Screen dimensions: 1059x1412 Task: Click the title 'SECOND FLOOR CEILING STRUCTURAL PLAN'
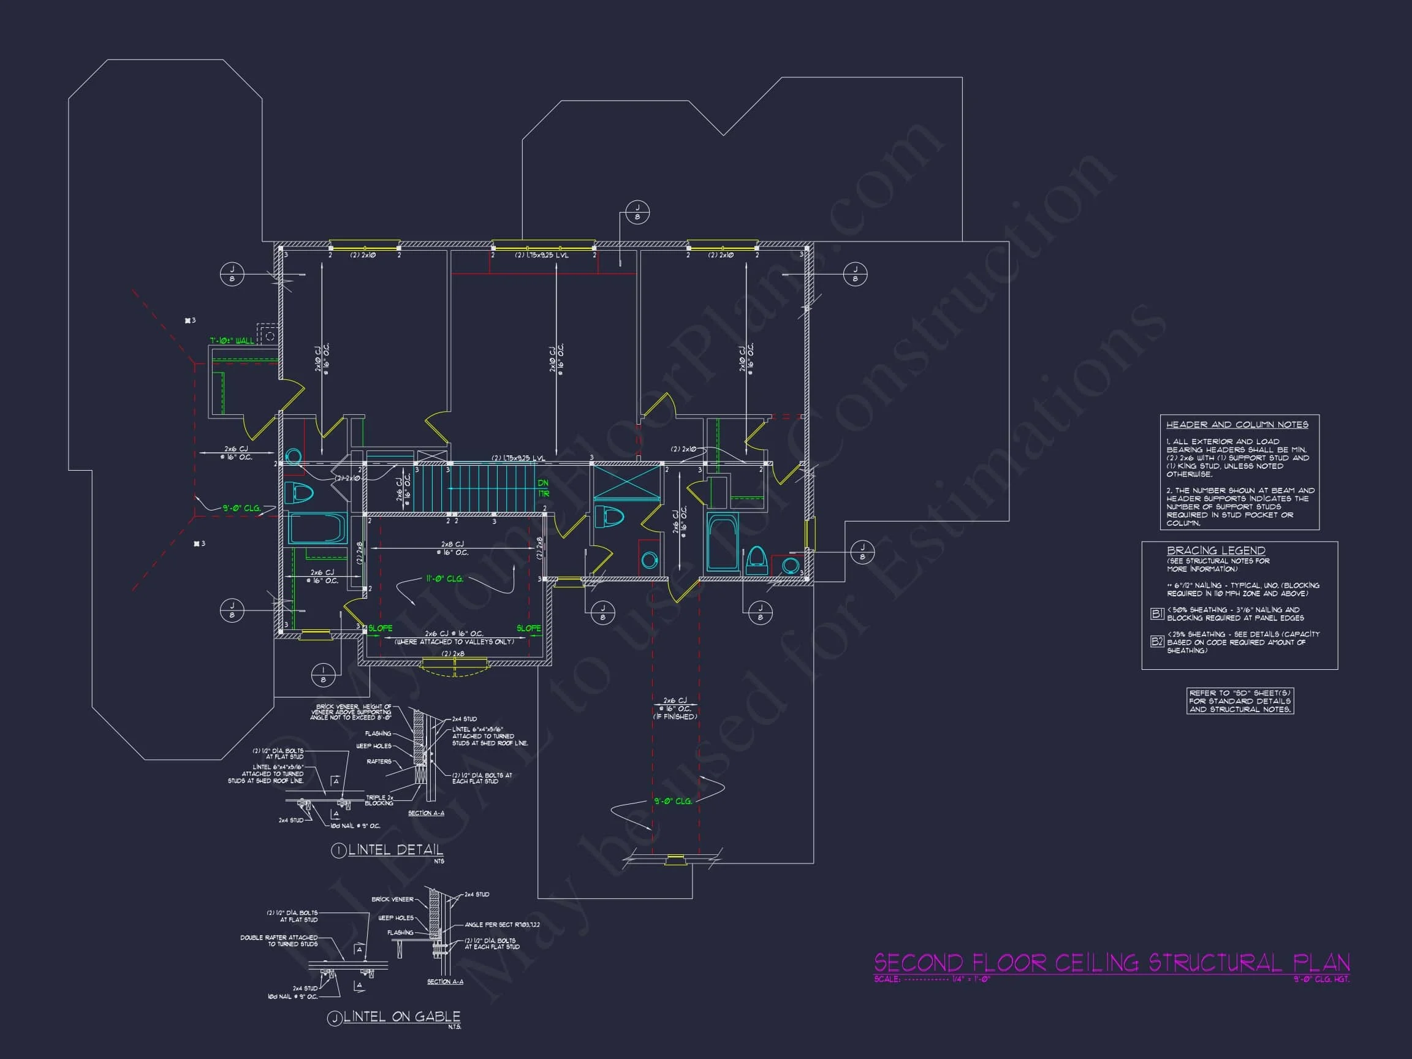click(1110, 962)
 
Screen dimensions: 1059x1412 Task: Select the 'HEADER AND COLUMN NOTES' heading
click(1237, 425)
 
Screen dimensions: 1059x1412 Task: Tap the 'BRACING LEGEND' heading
click(1215, 550)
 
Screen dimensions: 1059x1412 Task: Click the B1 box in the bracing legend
click(1156, 613)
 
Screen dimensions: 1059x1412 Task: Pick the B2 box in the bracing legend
click(1156, 642)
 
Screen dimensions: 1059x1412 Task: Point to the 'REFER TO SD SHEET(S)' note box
click(1240, 701)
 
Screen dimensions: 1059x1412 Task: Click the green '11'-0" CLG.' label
click(444, 579)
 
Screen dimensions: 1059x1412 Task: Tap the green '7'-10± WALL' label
click(232, 341)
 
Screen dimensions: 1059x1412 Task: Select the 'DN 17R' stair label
click(543, 488)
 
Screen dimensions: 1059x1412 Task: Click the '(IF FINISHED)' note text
click(675, 717)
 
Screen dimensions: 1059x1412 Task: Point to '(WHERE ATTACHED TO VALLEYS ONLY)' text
click(454, 642)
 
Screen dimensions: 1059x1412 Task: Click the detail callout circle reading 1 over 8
click(323, 675)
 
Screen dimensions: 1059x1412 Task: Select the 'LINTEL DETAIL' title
click(395, 849)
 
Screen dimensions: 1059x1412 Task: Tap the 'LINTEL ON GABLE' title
click(401, 1016)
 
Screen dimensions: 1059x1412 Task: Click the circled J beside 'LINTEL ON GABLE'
click(335, 1019)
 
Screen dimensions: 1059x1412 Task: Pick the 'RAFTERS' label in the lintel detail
click(379, 762)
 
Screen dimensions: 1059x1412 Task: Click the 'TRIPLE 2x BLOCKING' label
click(379, 800)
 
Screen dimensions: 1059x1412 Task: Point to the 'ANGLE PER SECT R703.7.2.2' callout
click(502, 924)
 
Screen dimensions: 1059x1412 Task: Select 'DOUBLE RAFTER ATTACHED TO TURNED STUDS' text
click(279, 941)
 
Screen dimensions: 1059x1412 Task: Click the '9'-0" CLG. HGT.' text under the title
click(1321, 979)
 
